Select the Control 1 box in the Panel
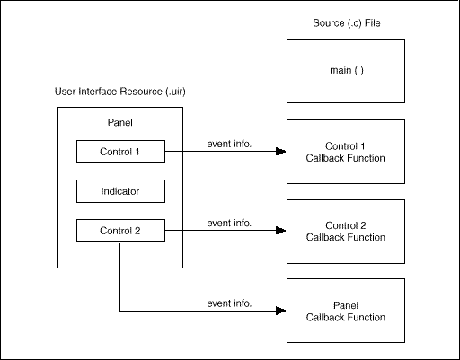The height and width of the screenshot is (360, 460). coord(120,152)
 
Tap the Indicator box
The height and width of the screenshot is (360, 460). coord(120,191)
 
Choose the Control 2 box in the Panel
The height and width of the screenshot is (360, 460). coord(120,232)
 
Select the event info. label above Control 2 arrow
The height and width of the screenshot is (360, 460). coord(229,222)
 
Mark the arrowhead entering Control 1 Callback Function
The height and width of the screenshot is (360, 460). coord(281,152)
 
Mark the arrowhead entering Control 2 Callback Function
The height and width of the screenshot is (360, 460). coord(281,232)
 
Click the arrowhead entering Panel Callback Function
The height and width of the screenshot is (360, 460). coord(281,311)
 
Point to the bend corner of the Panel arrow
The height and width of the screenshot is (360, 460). coord(120,311)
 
